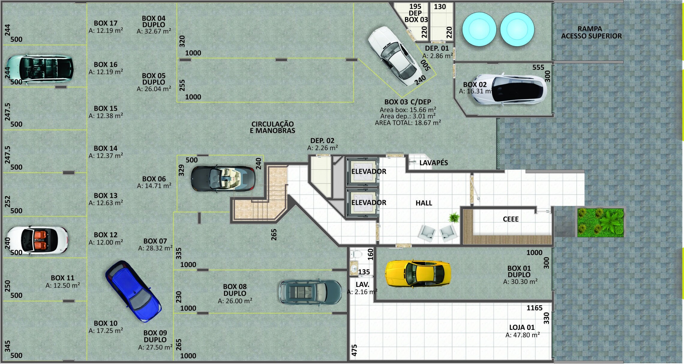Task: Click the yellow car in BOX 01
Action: (x=418, y=273)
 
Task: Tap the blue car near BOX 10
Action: (x=133, y=291)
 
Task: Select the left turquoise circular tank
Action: (x=479, y=29)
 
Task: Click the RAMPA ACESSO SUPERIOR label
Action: (x=591, y=32)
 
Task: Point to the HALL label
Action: (x=424, y=203)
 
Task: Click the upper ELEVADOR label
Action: (x=369, y=172)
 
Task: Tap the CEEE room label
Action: (x=511, y=219)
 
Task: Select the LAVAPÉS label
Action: (x=433, y=163)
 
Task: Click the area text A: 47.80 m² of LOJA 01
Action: (x=523, y=335)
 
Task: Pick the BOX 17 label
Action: (x=105, y=23)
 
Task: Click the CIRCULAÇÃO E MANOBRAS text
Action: (x=272, y=127)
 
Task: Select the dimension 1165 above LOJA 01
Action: (x=534, y=308)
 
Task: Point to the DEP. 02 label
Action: (x=322, y=141)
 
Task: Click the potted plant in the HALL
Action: (x=454, y=217)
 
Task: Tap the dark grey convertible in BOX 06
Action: (x=223, y=178)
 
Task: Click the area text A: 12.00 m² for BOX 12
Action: (x=106, y=242)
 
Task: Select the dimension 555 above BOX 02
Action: (x=538, y=67)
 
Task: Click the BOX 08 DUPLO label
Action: (x=235, y=290)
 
